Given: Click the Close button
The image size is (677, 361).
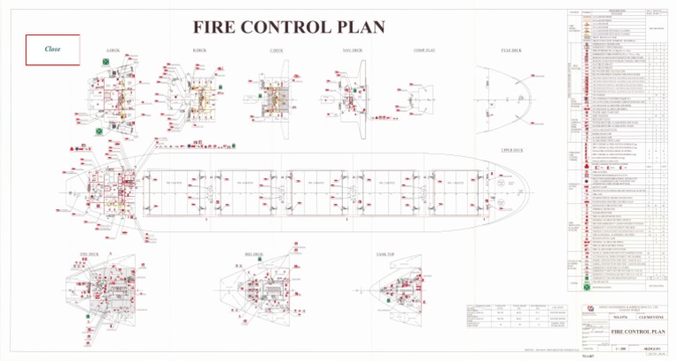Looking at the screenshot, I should point(53,49).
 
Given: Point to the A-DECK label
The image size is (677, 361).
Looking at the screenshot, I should point(113,51).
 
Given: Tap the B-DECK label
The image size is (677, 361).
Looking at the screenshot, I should point(199,51).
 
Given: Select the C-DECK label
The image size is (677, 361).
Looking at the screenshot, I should point(277,51).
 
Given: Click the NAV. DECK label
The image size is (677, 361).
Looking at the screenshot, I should point(352,51).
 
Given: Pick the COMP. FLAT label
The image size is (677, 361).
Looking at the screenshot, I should point(424,51).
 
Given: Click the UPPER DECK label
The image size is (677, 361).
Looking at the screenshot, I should point(512,151).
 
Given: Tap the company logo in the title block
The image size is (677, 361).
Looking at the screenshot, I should point(589,306).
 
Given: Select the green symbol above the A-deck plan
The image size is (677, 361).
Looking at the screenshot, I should point(107,61).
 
